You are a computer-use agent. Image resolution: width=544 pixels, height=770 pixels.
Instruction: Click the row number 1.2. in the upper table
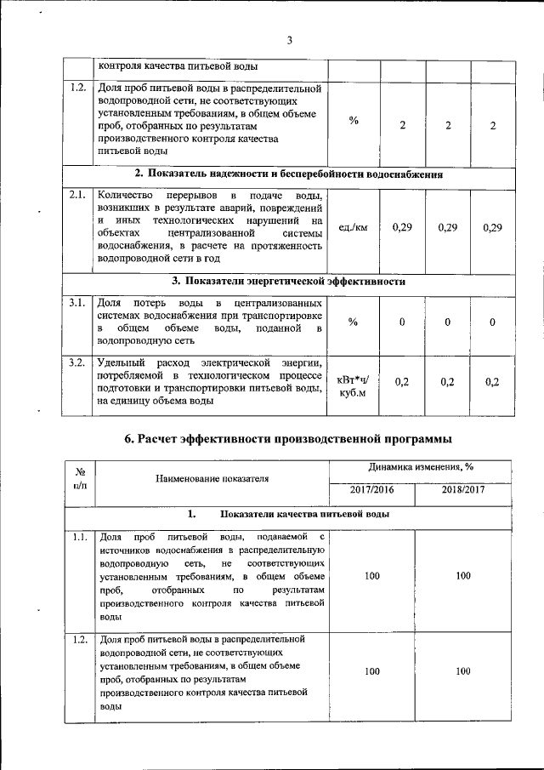pyautogui.click(x=77, y=88)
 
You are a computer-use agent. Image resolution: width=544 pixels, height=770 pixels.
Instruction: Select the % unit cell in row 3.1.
pyautogui.click(x=354, y=322)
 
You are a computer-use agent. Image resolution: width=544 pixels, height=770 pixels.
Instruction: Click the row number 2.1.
pyautogui.click(x=77, y=196)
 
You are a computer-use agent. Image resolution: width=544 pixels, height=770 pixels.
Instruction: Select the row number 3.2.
pyautogui.click(x=77, y=362)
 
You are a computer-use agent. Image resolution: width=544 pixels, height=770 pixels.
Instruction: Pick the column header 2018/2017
pyautogui.click(x=463, y=490)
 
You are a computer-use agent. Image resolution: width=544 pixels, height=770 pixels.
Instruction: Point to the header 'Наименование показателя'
pyautogui.click(x=211, y=478)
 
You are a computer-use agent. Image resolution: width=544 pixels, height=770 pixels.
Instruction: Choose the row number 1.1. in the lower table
pyautogui.click(x=79, y=537)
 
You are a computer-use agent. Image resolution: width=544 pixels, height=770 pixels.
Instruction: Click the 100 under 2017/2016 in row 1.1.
pyautogui.click(x=372, y=576)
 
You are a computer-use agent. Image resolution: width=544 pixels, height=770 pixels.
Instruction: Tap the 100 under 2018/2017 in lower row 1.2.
pyautogui.click(x=463, y=671)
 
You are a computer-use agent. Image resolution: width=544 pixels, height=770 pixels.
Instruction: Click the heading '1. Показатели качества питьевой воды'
pyautogui.click(x=289, y=514)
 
